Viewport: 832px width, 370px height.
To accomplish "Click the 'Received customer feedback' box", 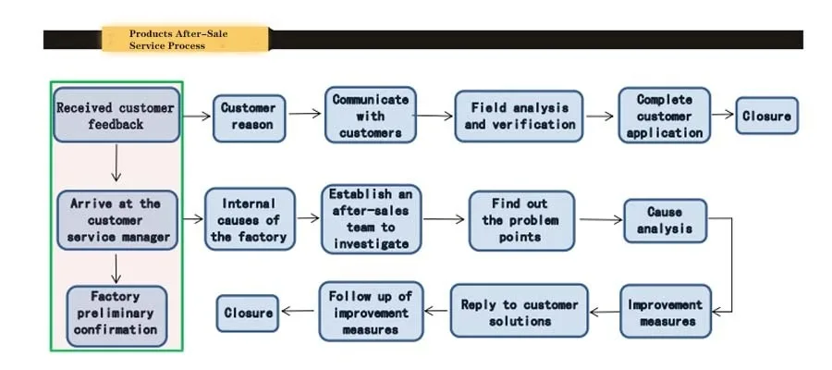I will pos(116,115).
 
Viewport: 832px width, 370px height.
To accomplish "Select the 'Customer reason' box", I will pos(249,117).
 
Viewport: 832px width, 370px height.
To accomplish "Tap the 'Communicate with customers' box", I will pos(370,115).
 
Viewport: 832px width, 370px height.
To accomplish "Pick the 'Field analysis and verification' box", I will pos(519,116).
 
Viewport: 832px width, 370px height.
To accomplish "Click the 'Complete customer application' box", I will pos(665,116).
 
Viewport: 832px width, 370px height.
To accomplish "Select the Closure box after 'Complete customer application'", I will pos(766,117).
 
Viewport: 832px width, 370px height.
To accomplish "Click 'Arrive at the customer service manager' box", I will pos(116,220).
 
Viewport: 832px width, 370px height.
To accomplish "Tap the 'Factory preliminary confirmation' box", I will pos(116,314).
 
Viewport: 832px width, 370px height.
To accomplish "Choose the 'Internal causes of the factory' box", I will pos(249,219).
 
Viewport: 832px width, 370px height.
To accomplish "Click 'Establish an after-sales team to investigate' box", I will pos(370,218).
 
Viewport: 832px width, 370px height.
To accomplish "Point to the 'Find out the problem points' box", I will pos(521,220).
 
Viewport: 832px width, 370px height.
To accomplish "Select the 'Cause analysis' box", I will pos(665,220).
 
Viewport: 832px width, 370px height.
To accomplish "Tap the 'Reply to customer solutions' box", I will pos(519,312).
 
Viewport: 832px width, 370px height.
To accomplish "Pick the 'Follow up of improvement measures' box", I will pos(370,312).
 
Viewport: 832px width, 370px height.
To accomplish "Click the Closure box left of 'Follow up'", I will pos(249,313).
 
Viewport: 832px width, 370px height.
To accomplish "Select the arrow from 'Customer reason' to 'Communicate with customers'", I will pos(305,115).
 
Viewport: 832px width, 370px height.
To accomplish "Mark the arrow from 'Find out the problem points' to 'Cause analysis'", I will pos(599,220).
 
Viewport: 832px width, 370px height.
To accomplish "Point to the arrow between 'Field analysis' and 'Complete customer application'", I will pos(600,117).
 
